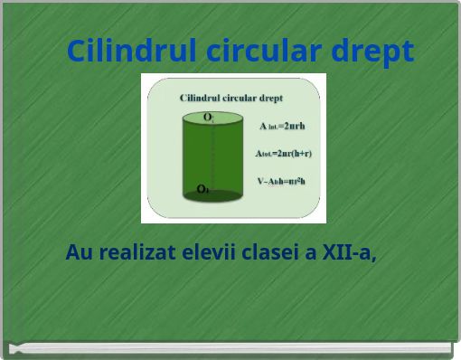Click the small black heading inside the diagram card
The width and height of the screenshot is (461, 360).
pyautogui.click(x=232, y=97)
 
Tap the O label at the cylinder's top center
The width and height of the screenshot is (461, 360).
pyautogui.click(x=208, y=117)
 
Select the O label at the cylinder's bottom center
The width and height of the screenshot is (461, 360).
pyautogui.click(x=202, y=189)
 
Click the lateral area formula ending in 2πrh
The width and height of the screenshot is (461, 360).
pyautogui.click(x=282, y=127)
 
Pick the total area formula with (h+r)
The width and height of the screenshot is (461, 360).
pyautogui.click(x=283, y=154)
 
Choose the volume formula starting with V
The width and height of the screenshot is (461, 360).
pyautogui.click(x=281, y=181)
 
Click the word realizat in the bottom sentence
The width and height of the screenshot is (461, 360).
pyautogui.click(x=137, y=252)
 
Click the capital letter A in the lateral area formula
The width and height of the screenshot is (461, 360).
pyautogui.click(x=262, y=127)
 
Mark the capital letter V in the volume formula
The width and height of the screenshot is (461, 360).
pyautogui.click(x=260, y=181)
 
